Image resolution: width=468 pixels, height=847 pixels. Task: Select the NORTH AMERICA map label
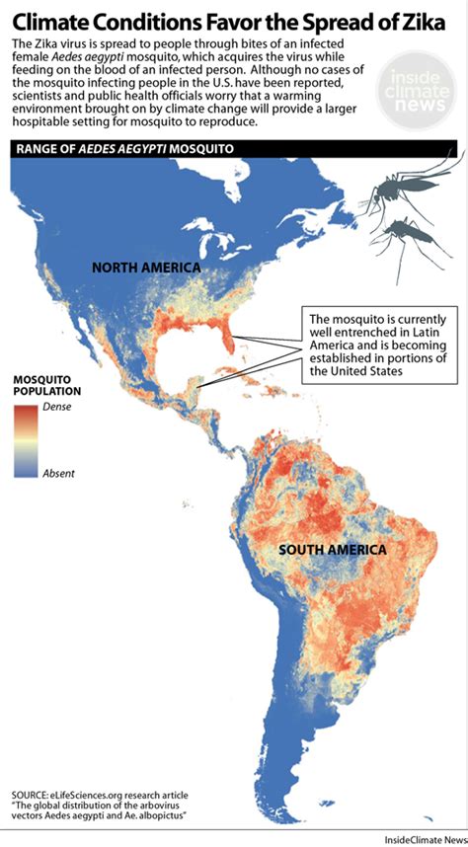[x=146, y=268]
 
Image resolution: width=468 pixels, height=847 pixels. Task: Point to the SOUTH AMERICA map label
[x=330, y=550]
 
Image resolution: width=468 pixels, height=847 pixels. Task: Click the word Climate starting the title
[x=49, y=19]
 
